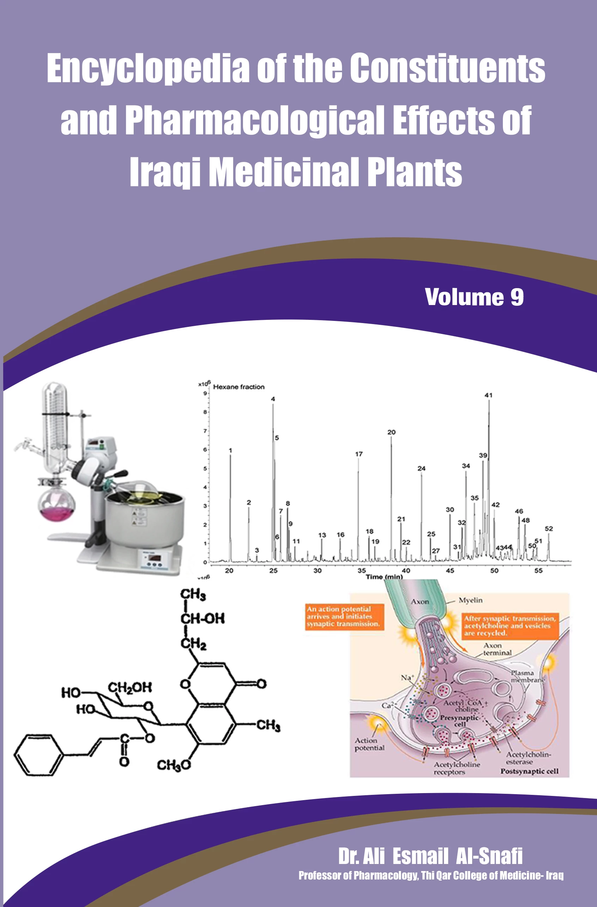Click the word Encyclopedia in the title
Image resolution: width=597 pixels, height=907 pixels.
point(148,69)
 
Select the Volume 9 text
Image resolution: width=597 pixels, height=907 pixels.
point(474,297)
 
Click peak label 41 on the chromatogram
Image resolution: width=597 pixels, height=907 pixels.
point(488,395)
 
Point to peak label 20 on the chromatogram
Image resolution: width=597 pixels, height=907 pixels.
point(391,432)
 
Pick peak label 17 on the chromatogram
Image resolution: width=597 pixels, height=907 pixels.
point(359,454)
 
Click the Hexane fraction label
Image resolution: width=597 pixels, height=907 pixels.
point(238,387)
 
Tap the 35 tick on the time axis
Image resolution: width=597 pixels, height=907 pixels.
point(361,571)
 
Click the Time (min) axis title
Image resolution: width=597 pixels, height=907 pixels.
point(384,577)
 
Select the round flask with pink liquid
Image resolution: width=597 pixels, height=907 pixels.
point(56,505)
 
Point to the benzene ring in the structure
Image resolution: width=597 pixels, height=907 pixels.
point(38,755)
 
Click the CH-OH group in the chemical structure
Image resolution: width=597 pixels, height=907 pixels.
point(202,618)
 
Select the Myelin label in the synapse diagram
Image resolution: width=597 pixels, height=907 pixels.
point(470,600)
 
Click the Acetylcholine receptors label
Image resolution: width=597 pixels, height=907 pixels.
point(456,768)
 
